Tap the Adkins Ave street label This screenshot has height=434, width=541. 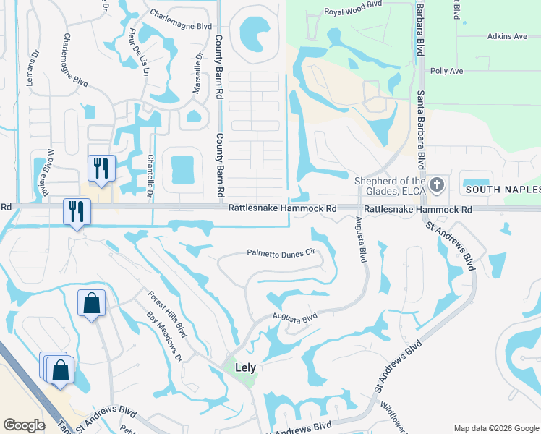point(507,36)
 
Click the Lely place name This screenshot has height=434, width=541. point(245,367)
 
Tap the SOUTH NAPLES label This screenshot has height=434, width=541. point(502,190)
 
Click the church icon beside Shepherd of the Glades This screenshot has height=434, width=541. point(436,184)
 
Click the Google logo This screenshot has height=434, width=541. point(25,425)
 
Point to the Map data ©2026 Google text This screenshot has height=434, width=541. point(496,428)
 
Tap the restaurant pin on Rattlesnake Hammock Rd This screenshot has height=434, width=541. point(75,211)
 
